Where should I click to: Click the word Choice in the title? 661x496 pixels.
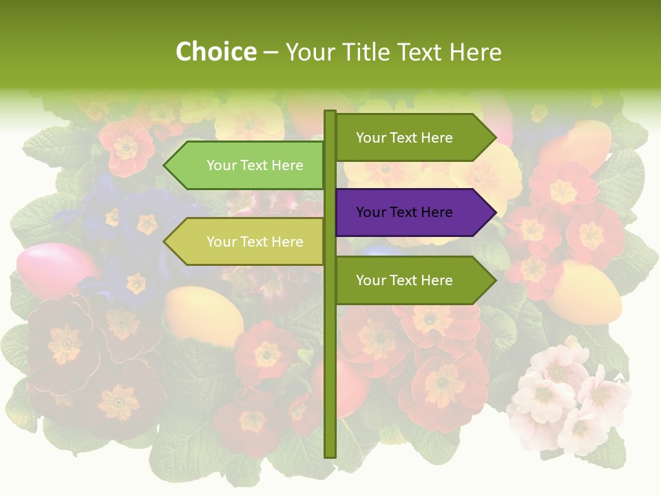click(x=216, y=52)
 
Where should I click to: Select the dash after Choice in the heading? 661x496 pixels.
click(x=271, y=52)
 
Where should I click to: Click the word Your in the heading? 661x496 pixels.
click(x=309, y=52)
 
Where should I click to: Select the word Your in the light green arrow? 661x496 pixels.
click(x=221, y=165)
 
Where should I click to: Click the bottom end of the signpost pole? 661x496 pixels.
click(x=330, y=455)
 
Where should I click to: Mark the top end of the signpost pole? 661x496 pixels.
click(x=330, y=113)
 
